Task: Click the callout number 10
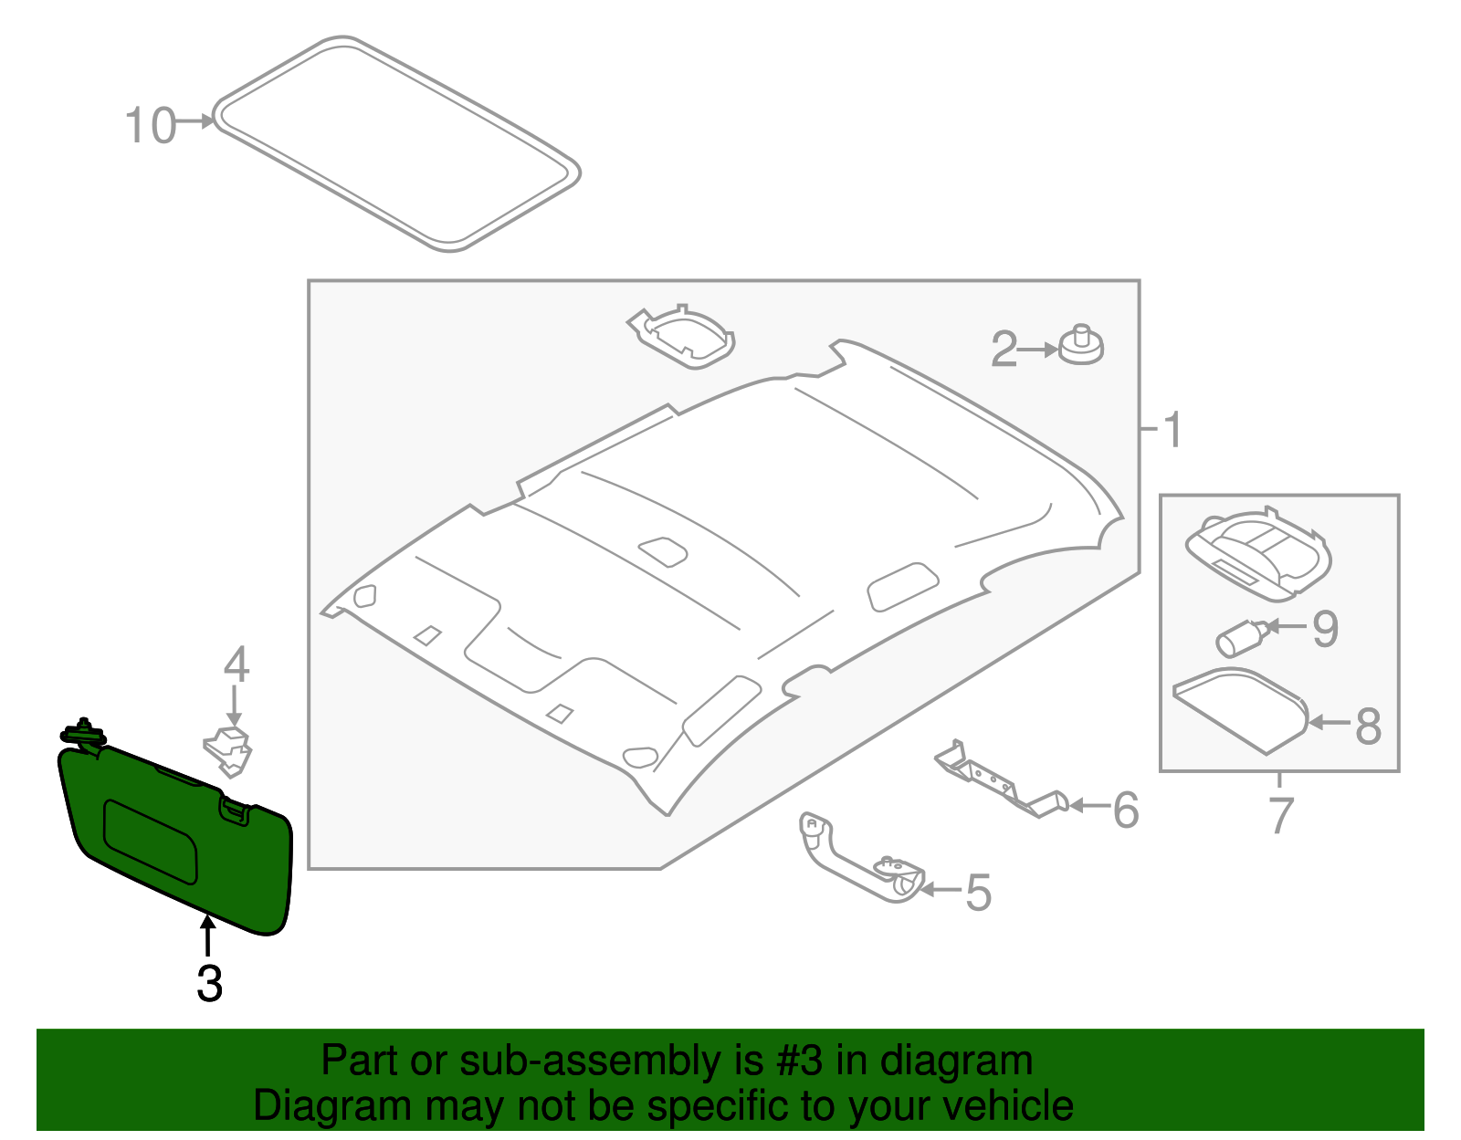150,126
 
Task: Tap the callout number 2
1004,349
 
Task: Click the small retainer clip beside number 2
1081,345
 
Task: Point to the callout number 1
1172,430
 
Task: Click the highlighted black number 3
209,984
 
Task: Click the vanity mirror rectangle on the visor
151,841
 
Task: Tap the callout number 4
236,664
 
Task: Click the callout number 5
978,892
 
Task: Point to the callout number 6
1125,810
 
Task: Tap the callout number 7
1281,815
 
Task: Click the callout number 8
1367,727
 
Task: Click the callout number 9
1325,629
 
